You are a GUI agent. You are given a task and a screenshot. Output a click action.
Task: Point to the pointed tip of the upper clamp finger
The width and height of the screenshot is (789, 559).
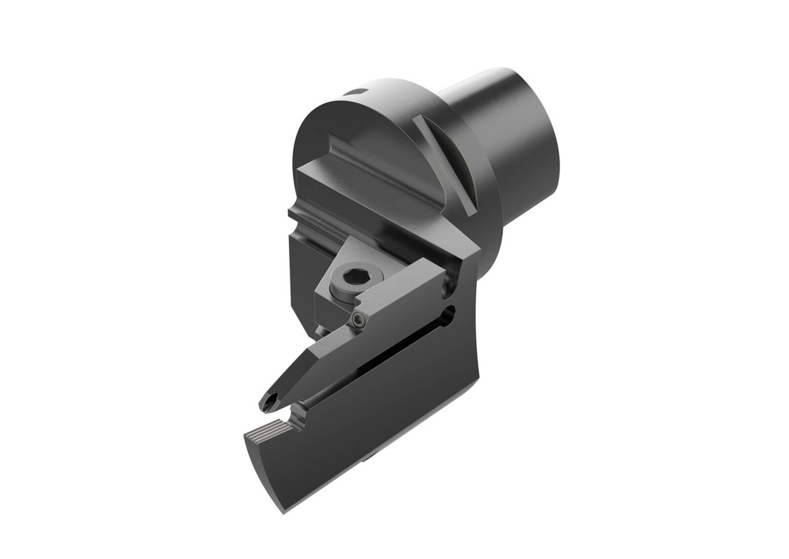point(260,407)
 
